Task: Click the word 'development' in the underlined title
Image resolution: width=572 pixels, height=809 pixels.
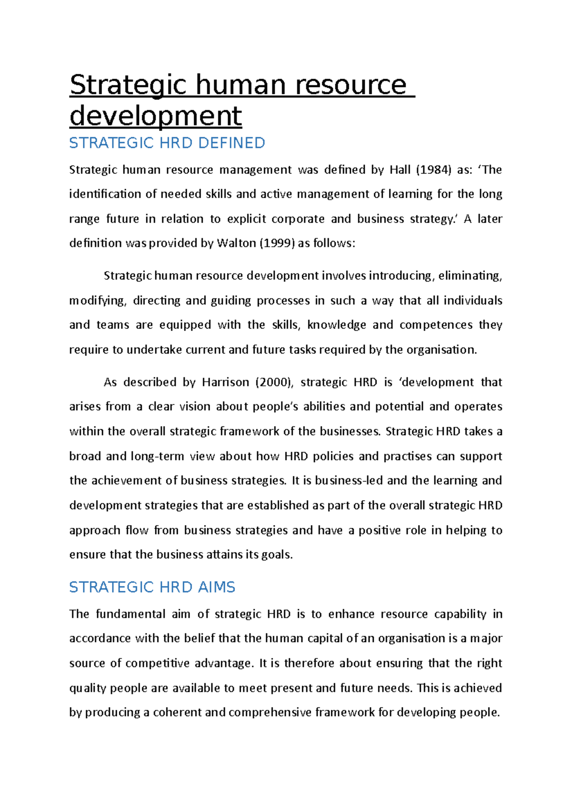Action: (x=155, y=116)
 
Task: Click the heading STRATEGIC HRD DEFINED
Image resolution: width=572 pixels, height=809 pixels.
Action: (x=167, y=143)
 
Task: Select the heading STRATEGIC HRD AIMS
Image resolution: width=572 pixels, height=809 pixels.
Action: (x=152, y=587)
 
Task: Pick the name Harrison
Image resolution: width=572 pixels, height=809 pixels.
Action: (x=225, y=382)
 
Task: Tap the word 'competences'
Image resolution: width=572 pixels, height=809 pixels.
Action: (x=436, y=325)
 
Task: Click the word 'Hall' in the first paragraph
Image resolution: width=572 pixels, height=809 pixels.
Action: (x=400, y=170)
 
